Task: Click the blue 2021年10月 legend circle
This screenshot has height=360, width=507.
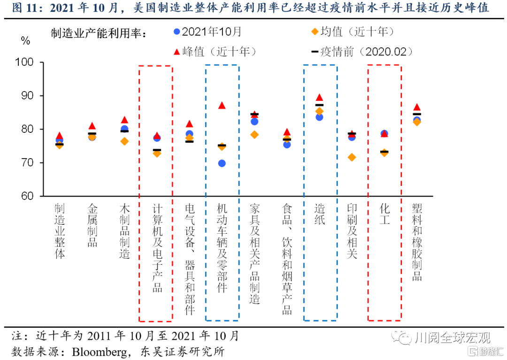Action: (177, 32)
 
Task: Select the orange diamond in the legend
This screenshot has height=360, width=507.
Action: (315, 32)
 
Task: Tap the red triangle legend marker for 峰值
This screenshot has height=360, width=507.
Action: (177, 52)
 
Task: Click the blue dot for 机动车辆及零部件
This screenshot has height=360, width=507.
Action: (222, 163)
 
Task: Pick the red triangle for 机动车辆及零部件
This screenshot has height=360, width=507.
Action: (222, 105)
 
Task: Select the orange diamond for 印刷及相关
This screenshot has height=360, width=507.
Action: (352, 157)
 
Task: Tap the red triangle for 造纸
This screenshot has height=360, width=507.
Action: (320, 98)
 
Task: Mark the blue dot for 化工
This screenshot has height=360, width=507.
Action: (384, 134)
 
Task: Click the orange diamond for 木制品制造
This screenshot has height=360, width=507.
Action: (124, 141)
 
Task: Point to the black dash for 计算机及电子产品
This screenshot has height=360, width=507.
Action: (157, 150)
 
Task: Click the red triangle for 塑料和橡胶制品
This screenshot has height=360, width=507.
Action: (417, 107)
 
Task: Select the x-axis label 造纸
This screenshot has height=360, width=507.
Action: (320, 214)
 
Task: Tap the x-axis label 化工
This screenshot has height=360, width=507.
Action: (384, 214)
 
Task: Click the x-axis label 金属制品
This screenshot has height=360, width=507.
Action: (92, 225)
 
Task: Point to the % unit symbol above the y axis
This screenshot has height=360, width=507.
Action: (25, 41)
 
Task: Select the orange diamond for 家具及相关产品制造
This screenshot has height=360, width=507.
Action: (254, 135)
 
